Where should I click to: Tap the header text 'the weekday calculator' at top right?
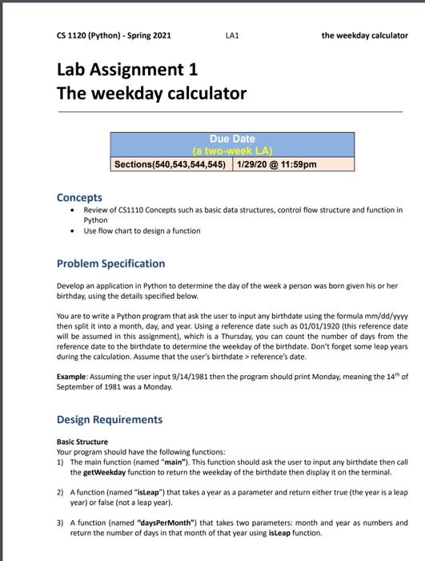364,35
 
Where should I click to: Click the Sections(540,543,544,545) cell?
170,164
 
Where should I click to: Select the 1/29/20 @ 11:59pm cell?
276,164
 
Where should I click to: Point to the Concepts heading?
79,197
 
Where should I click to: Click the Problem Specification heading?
110,264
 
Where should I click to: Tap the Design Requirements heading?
109,419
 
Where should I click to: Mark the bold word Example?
74,376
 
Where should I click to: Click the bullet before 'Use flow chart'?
74,231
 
